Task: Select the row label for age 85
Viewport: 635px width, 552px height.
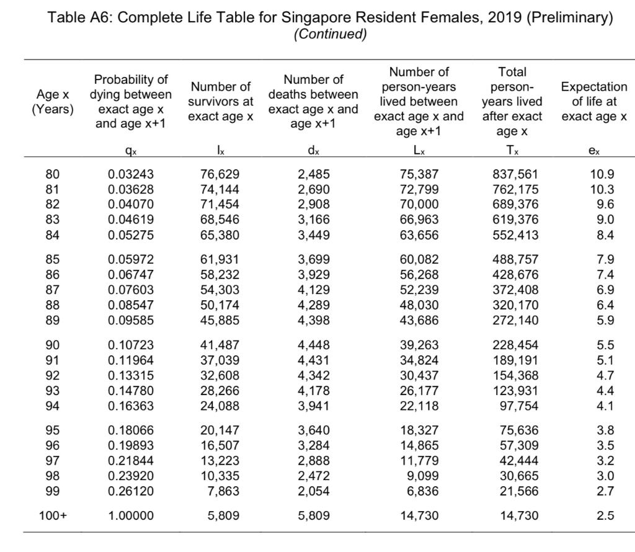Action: coord(53,259)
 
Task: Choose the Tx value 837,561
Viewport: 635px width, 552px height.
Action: coord(515,174)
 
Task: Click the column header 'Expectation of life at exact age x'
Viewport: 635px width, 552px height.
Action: coord(593,102)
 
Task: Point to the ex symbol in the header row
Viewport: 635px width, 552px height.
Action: coord(593,151)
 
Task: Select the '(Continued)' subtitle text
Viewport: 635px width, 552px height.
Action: coord(329,34)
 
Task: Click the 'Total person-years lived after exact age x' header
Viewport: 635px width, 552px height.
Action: coord(512,102)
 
